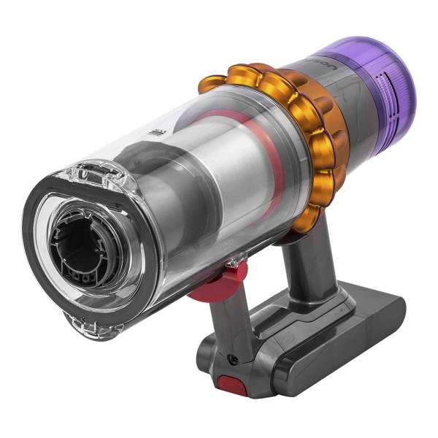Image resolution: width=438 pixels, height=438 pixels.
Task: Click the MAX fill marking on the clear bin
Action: (x=155, y=132)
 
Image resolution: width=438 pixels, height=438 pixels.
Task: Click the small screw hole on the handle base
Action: (x=232, y=358)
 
